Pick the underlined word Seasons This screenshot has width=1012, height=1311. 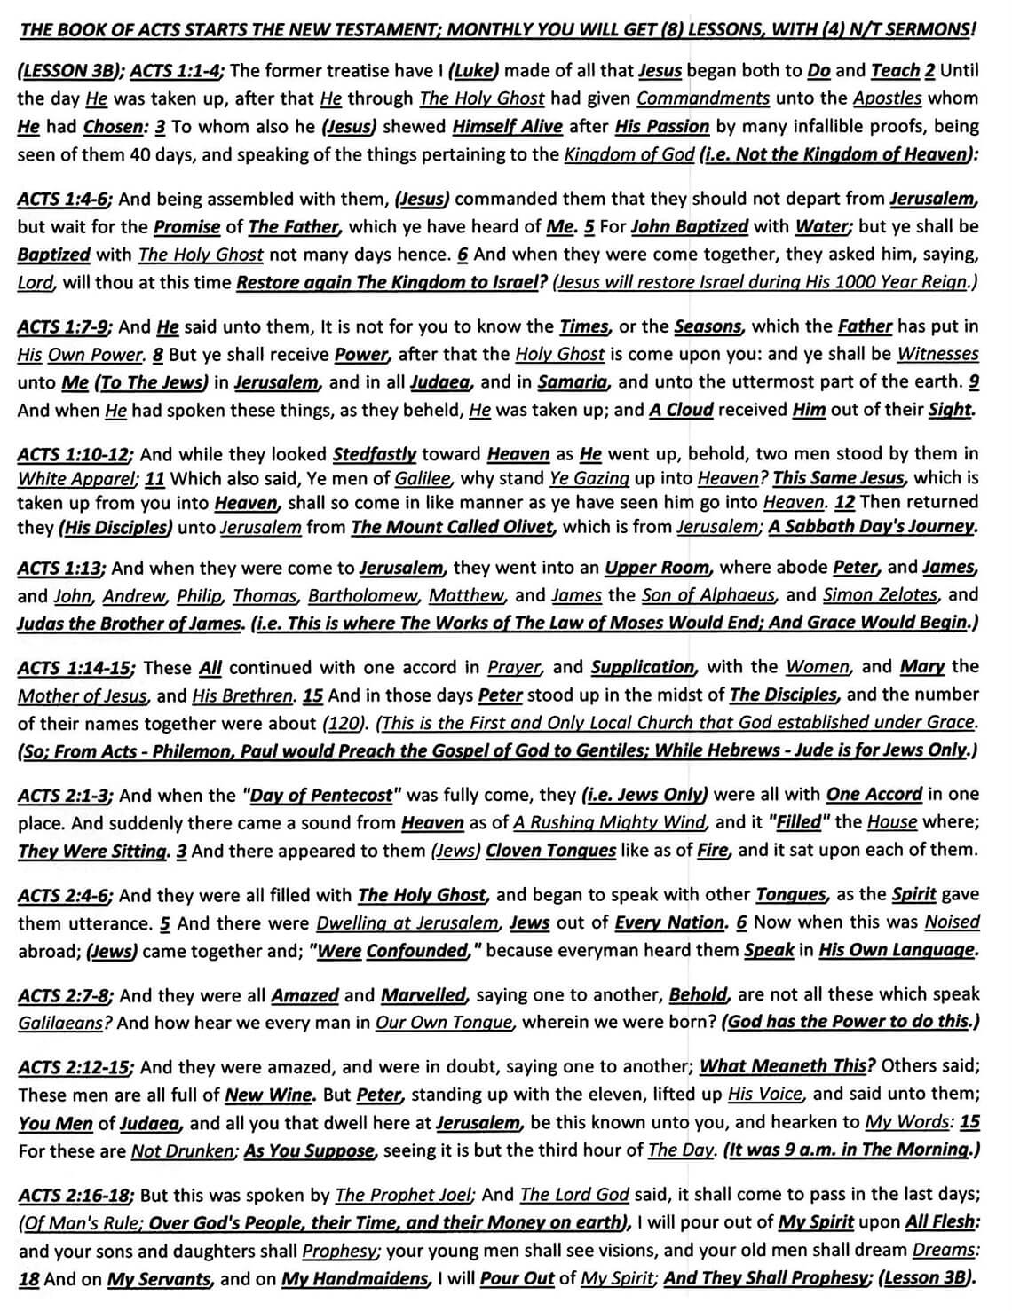coord(708,326)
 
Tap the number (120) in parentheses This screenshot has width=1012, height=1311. coord(344,723)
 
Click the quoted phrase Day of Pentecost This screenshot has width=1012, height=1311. coord(322,795)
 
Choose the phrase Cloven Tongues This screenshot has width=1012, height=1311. coord(550,851)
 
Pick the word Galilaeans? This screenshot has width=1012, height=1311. coord(65,1023)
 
